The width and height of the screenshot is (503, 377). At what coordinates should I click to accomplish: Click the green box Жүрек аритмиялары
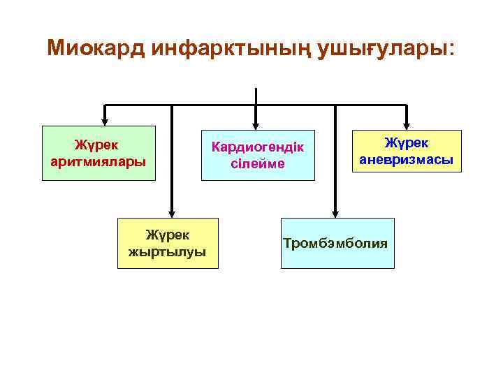[x=99, y=154]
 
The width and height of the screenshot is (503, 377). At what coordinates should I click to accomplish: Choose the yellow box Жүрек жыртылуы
[x=168, y=243]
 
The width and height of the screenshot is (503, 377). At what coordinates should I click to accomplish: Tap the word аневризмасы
[x=406, y=159]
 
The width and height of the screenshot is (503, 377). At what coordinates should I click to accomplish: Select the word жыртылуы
[x=168, y=251]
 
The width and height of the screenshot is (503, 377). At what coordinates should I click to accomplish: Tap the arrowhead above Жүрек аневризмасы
[x=406, y=124]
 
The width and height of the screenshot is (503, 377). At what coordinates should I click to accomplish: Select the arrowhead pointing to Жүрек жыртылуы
[x=171, y=213]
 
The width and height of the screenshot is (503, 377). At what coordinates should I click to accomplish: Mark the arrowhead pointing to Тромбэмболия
[x=335, y=213]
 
